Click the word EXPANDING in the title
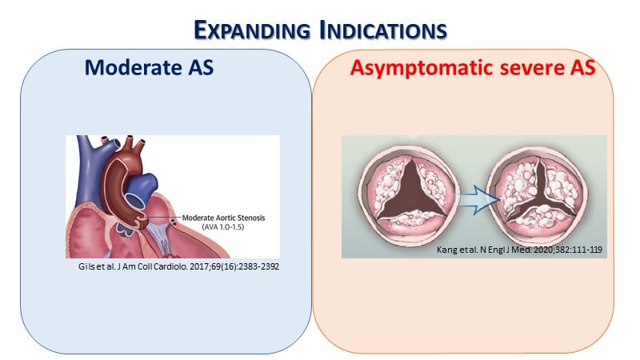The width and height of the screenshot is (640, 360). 252,30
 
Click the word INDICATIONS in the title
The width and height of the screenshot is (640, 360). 383,30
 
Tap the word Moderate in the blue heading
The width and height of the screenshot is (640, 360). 133,67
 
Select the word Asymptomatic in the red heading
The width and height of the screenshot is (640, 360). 422,68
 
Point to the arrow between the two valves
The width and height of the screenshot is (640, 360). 478,199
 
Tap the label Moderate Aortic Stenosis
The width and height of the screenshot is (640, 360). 223,218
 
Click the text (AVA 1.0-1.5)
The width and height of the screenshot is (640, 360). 223,227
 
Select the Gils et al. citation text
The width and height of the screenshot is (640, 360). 178,266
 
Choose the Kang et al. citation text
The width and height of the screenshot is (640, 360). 519,250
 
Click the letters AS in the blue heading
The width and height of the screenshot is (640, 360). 201,67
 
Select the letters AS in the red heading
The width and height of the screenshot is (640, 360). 583,68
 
